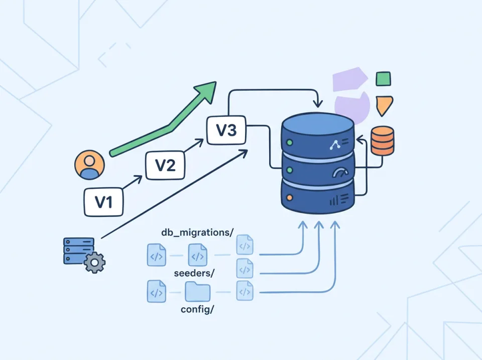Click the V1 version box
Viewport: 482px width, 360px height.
click(x=103, y=202)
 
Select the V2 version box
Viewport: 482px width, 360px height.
click(x=165, y=165)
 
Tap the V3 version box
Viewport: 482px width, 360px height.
click(x=226, y=130)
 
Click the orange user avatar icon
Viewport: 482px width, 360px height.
click(x=89, y=165)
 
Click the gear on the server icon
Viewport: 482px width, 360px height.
click(x=94, y=262)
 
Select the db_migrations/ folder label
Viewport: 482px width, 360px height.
click(x=197, y=232)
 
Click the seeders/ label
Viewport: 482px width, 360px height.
click(x=194, y=273)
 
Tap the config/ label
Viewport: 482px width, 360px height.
click(x=197, y=309)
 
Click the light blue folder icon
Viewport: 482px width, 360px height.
click(x=197, y=291)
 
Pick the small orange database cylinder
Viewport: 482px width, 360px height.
click(x=382, y=141)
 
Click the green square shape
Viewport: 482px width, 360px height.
click(x=383, y=79)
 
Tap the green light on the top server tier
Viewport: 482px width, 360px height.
click(x=289, y=143)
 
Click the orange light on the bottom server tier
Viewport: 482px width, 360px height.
click(x=289, y=197)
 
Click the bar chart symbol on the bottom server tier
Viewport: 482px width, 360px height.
click(x=335, y=201)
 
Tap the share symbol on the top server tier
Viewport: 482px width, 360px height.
click(x=335, y=146)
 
